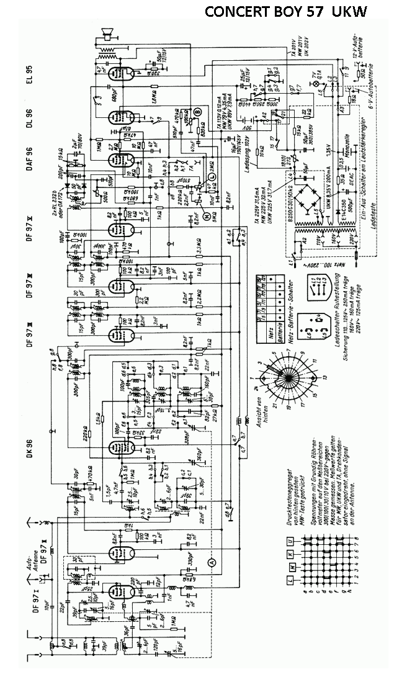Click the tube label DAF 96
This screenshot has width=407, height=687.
point(29,160)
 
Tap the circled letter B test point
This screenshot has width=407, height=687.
point(197,111)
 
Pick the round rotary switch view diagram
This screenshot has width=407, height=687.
point(287,376)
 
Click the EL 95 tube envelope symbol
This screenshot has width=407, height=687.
point(115,72)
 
